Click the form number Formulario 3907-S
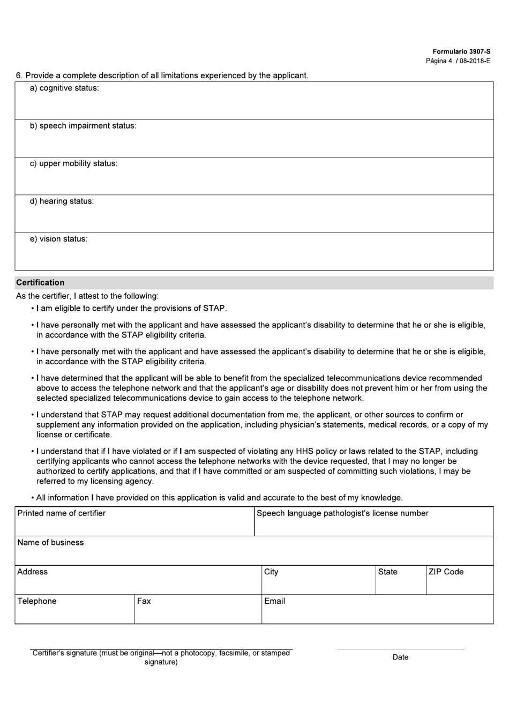point(461,51)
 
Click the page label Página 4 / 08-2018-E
point(458,61)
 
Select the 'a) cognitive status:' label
point(64,88)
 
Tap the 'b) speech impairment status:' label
point(83,126)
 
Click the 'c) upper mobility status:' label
point(73,163)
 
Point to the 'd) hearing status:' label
point(62,201)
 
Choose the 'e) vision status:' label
point(58,239)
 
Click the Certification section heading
point(40,282)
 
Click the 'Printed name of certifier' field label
point(62,513)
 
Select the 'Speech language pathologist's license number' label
point(342,513)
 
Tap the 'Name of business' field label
point(50,543)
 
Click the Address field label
point(32,572)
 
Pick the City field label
point(271,572)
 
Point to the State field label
point(387,572)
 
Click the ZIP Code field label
point(446,572)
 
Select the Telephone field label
point(36,601)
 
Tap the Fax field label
point(144,601)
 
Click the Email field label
point(274,601)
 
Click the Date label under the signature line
point(400,657)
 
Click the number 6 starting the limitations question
point(19,76)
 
